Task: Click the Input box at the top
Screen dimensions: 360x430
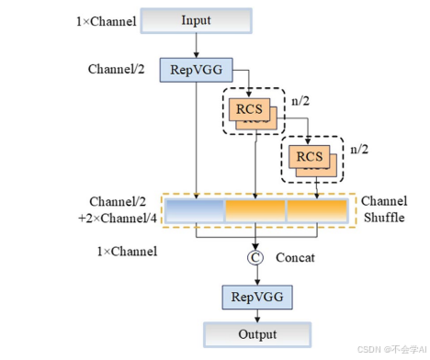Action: pos(195,20)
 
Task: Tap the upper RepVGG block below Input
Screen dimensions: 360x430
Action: pos(195,69)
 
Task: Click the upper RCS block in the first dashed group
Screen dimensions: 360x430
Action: pos(248,109)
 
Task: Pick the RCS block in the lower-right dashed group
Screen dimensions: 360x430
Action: pos(310,155)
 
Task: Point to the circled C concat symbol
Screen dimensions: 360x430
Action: pos(255,258)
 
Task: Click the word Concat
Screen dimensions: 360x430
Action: pos(295,258)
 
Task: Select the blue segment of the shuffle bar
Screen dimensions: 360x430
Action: pos(195,210)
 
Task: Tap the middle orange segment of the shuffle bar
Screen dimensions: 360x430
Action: pos(255,210)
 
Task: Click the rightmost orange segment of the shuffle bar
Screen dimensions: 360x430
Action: pos(318,210)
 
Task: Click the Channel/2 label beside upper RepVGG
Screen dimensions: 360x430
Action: pos(116,69)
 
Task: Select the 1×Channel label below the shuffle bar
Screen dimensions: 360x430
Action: pos(128,251)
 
